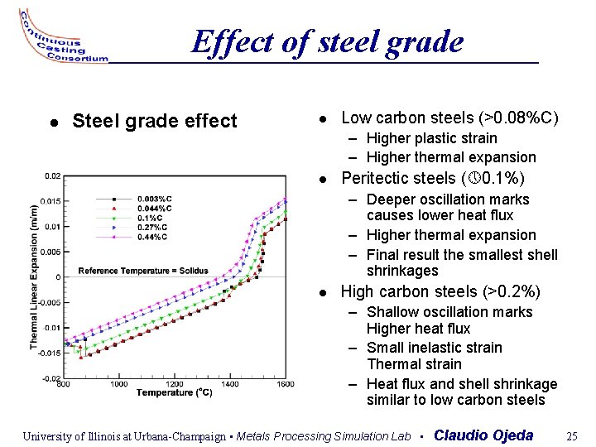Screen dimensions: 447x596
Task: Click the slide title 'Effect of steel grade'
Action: click(327, 41)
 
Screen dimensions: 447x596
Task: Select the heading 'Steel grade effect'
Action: click(155, 122)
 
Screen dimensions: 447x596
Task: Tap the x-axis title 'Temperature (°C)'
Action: click(175, 392)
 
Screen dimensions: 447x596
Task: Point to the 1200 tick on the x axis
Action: click(175, 384)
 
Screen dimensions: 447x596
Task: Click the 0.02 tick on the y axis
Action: click(52, 175)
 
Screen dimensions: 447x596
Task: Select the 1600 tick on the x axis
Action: click(286, 384)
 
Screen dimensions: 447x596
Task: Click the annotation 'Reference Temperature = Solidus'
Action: click(143, 271)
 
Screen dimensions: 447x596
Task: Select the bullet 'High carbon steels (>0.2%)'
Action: click(440, 291)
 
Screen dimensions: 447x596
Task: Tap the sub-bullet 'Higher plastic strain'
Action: click(431, 137)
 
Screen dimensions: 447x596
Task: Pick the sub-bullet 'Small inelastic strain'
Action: click(434, 348)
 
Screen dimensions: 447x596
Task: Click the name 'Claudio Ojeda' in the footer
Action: click(483, 435)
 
